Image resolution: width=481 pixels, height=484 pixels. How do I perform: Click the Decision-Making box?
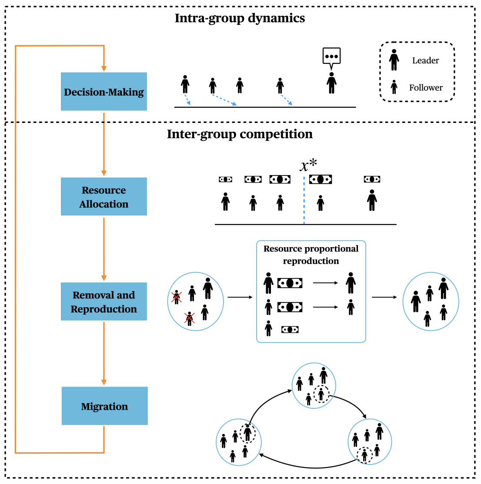[x=104, y=92]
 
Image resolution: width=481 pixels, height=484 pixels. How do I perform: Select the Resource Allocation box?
[x=104, y=197]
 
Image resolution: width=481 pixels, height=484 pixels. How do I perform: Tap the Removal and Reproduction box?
[x=104, y=302]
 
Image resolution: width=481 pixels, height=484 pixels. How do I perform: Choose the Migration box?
[x=104, y=406]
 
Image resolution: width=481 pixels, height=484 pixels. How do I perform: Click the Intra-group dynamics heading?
[x=240, y=19]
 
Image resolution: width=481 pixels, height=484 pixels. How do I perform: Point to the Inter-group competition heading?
[x=240, y=134]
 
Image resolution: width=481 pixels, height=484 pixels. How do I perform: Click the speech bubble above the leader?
[x=331, y=56]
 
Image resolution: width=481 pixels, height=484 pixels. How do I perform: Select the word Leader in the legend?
[x=425, y=61]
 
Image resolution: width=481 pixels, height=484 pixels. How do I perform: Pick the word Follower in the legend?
[x=426, y=88]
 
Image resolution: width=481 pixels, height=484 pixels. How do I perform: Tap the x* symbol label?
[x=308, y=166]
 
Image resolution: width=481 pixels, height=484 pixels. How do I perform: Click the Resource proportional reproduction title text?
[x=311, y=255]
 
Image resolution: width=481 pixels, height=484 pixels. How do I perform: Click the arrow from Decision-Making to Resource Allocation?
[x=104, y=143]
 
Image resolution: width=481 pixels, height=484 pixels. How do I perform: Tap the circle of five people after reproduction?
[x=431, y=302]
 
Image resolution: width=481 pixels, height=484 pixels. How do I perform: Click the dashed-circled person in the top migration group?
[x=321, y=394]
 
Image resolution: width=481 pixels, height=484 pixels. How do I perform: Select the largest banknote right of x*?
[x=321, y=179]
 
